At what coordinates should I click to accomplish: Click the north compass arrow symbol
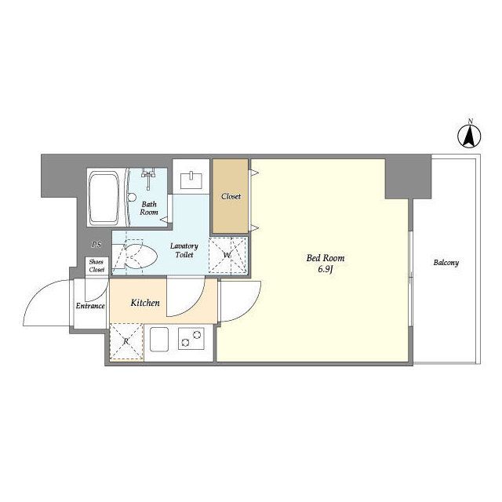[x=469, y=136]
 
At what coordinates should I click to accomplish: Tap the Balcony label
[x=446, y=263]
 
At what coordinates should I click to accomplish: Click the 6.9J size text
[x=326, y=269]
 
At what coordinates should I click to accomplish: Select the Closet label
[x=231, y=196]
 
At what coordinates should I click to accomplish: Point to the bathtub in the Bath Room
[x=104, y=198]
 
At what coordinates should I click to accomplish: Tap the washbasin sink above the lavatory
[x=191, y=181]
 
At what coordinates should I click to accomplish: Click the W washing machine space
[x=228, y=255]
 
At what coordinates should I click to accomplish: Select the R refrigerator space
[x=126, y=342]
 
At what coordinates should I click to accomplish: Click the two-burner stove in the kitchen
[x=191, y=339]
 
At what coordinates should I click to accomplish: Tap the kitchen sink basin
[x=159, y=340]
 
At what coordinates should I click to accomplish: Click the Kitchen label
[x=145, y=303]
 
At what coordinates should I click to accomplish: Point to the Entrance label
[x=90, y=306]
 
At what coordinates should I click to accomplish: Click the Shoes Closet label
[x=96, y=266]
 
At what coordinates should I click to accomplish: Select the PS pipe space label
[x=96, y=245]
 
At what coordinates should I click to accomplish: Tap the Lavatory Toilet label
[x=184, y=250]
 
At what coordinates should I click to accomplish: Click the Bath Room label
[x=149, y=208]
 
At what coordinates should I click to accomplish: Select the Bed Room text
[x=326, y=258]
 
